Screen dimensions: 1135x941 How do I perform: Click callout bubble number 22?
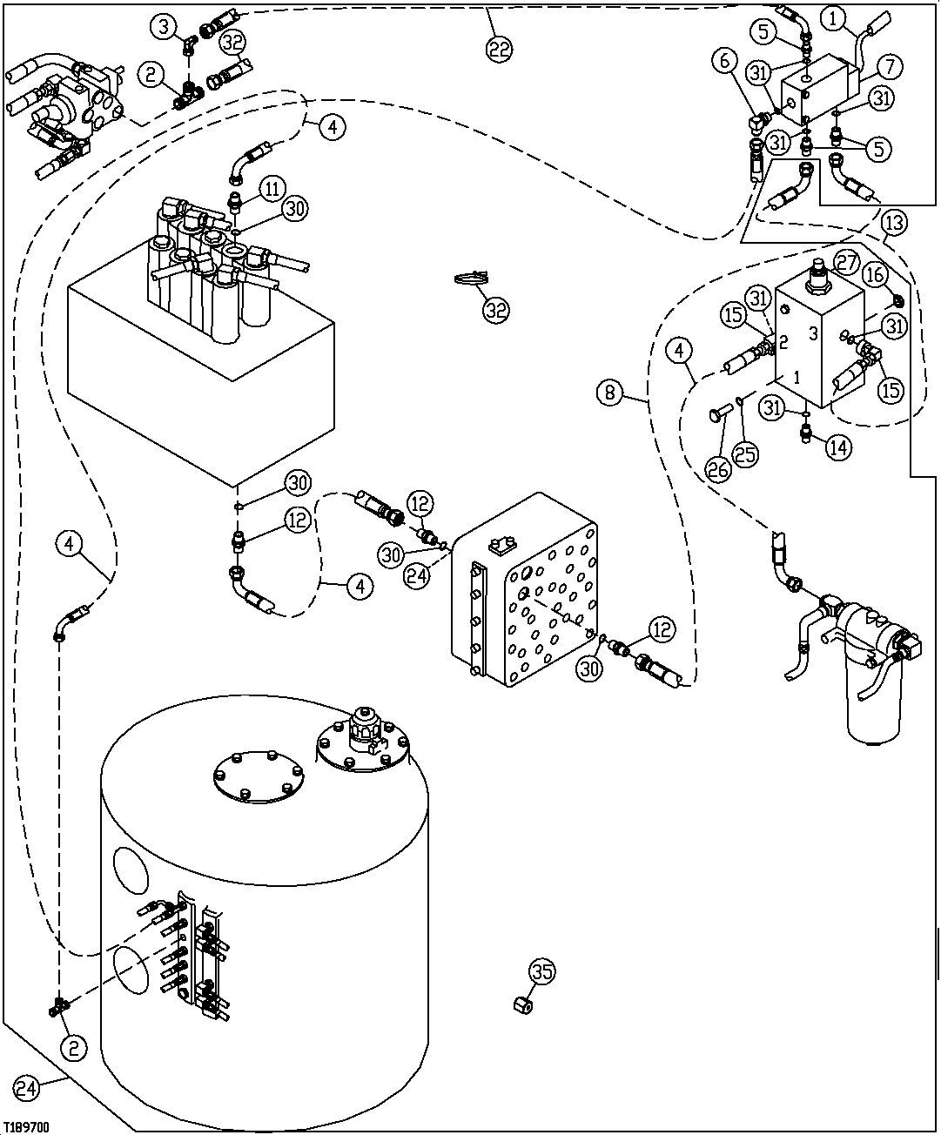498,50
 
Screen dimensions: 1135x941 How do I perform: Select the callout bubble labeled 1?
834,17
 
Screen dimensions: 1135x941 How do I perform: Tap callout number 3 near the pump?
163,26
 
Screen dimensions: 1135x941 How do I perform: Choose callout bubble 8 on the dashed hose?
610,393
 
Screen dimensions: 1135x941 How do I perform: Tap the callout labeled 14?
837,448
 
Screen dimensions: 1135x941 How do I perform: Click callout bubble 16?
876,276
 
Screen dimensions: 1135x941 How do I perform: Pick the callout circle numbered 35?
541,971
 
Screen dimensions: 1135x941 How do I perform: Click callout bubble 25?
746,453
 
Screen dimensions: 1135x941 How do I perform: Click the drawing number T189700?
25,1126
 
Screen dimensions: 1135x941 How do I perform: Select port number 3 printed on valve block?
811,332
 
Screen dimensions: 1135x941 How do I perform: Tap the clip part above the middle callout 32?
470,279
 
